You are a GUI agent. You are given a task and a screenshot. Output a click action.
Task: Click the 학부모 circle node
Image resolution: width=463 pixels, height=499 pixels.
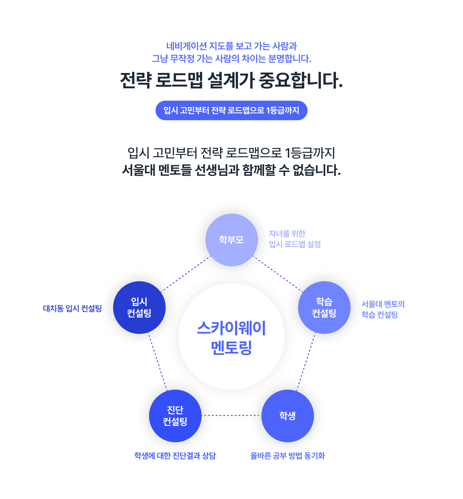(231, 240)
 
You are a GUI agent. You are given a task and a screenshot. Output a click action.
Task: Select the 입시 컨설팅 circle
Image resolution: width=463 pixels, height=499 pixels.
(139, 307)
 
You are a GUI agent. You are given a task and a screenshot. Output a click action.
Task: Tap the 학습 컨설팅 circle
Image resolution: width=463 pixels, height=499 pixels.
(324, 307)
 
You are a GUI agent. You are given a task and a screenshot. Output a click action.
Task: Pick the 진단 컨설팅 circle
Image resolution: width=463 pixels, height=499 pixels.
(175, 416)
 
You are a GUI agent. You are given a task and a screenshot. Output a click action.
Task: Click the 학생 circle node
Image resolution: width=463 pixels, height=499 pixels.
(288, 416)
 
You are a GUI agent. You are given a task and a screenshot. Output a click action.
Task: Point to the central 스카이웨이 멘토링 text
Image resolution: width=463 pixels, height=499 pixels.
(231, 337)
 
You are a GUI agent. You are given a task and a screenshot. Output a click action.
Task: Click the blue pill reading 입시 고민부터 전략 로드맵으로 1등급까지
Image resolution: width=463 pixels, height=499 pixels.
(231, 110)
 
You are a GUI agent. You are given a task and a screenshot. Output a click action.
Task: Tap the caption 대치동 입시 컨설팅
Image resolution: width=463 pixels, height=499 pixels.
(72, 308)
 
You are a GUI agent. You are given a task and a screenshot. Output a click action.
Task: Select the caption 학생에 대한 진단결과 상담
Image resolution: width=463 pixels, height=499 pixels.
(175, 455)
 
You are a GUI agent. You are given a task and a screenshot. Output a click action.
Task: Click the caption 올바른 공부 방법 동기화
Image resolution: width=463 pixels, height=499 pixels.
(287, 455)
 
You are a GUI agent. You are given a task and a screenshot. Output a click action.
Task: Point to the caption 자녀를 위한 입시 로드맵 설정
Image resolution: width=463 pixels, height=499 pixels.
(295, 239)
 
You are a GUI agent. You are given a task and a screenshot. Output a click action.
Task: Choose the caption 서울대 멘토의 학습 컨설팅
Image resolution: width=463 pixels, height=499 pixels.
(383, 309)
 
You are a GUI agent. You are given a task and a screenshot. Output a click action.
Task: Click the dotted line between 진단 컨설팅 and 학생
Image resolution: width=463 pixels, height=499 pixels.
(231, 415)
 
